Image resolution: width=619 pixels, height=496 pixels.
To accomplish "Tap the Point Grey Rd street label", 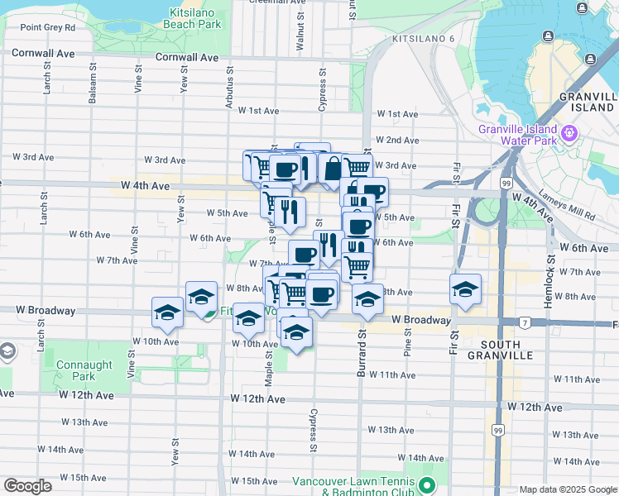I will [47, 27].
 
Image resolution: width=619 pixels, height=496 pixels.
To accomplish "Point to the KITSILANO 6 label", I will [425, 39].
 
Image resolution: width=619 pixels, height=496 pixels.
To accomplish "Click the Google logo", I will [27, 486].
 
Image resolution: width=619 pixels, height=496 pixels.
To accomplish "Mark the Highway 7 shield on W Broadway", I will [525, 321].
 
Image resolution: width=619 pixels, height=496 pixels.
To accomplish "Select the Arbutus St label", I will [230, 87].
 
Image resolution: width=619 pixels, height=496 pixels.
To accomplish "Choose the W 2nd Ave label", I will [396, 141].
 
